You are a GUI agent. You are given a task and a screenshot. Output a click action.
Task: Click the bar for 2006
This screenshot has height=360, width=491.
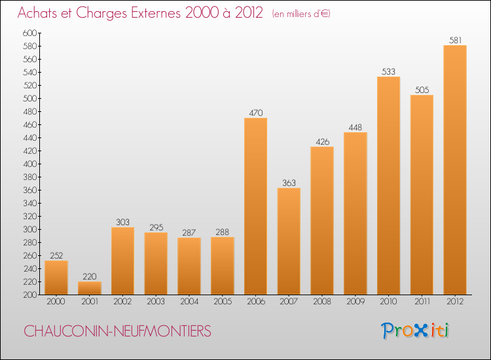pos(255,206)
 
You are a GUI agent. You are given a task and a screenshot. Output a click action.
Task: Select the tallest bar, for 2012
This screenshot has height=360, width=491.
pos(454,170)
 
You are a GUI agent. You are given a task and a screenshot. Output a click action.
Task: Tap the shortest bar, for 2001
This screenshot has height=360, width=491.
pos(89,288)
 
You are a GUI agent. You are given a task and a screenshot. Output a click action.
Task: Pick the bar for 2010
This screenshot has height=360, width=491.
pos(388,186)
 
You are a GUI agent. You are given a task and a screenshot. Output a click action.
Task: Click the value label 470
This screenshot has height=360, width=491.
pos(255,113)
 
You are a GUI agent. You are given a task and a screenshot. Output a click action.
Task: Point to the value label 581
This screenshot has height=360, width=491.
pos(454,40)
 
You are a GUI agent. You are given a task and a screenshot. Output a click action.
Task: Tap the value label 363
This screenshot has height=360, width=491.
pos(289,183)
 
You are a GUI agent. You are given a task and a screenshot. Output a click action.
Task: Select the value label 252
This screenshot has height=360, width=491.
pos(56,255)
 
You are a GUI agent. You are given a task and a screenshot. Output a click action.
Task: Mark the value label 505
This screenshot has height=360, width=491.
pos(422,90)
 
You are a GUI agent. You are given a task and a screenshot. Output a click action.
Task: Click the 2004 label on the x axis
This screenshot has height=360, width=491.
pos(189,302)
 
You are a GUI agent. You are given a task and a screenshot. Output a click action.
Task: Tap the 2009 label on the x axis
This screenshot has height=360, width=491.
pos(355,302)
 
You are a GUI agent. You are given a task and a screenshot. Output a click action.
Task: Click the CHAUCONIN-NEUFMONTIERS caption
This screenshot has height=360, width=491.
pos(118,332)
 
